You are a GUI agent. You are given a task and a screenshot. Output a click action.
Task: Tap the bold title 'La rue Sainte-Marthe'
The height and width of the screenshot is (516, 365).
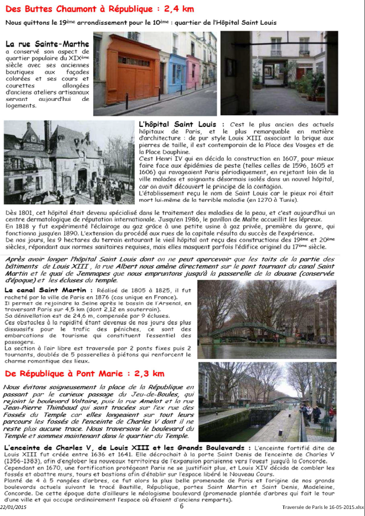(47, 44)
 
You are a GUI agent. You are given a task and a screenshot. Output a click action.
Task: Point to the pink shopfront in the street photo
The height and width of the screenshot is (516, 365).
(194, 70)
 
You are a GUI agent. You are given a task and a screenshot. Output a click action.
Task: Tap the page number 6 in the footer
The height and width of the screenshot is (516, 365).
(182, 506)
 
